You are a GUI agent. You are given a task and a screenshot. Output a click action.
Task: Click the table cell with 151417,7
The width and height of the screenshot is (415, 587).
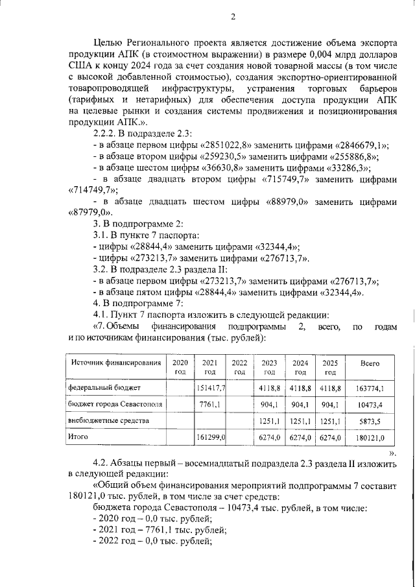210,387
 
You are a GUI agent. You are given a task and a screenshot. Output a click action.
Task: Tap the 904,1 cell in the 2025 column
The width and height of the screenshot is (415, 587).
330,405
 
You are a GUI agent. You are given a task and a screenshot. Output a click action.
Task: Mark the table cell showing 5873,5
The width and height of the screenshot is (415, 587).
372,422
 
